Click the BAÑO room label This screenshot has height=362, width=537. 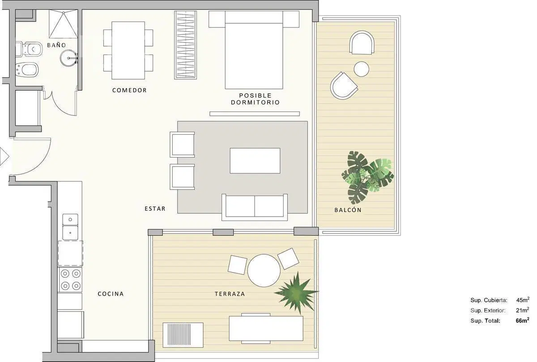pyautogui.click(x=56, y=45)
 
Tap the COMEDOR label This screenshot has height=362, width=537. pyautogui.click(x=129, y=90)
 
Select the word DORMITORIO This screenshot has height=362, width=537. pyautogui.click(x=256, y=102)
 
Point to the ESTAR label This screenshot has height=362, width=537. pyautogui.click(x=155, y=209)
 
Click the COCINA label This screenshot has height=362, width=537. pyautogui.click(x=111, y=294)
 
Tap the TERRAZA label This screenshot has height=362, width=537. pyautogui.click(x=230, y=294)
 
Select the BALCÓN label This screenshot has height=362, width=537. pyautogui.click(x=348, y=210)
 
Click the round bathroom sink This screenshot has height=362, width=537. pyautogui.click(x=69, y=58)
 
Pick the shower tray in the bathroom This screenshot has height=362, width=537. pyautogui.click(x=64, y=24)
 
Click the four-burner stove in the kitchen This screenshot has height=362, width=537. pyautogui.click(x=71, y=280)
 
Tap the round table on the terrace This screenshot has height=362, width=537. pyautogui.click(x=264, y=270)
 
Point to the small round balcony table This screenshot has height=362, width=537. pyautogui.click(x=362, y=69)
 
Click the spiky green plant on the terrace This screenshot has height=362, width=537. pyautogui.click(x=297, y=293)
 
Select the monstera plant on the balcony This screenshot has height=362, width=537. pyautogui.click(x=367, y=177)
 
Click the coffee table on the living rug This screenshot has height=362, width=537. pyautogui.click(x=255, y=161)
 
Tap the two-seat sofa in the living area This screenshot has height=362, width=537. pyautogui.click(x=255, y=207)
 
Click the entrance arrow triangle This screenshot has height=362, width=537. pyautogui.click(x=4, y=157)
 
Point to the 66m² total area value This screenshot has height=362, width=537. pyautogui.click(x=523, y=320)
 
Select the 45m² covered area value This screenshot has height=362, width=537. pyautogui.click(x=523, y=300)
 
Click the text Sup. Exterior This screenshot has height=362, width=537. pyautogui.click(x=488, y=311)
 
